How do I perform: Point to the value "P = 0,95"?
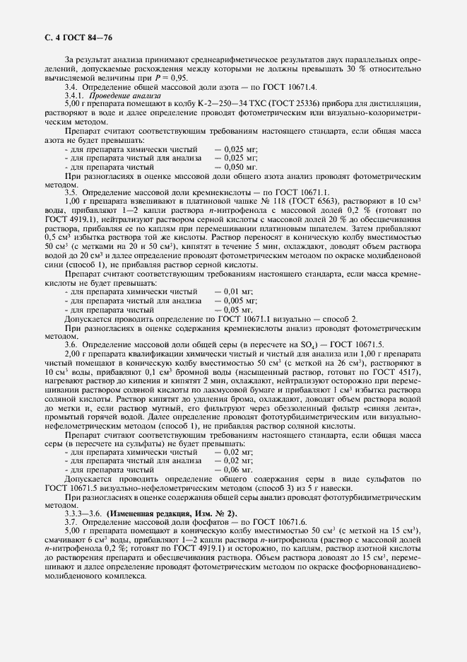click(153, 78)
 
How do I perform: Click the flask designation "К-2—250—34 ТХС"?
click(207, 103)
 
